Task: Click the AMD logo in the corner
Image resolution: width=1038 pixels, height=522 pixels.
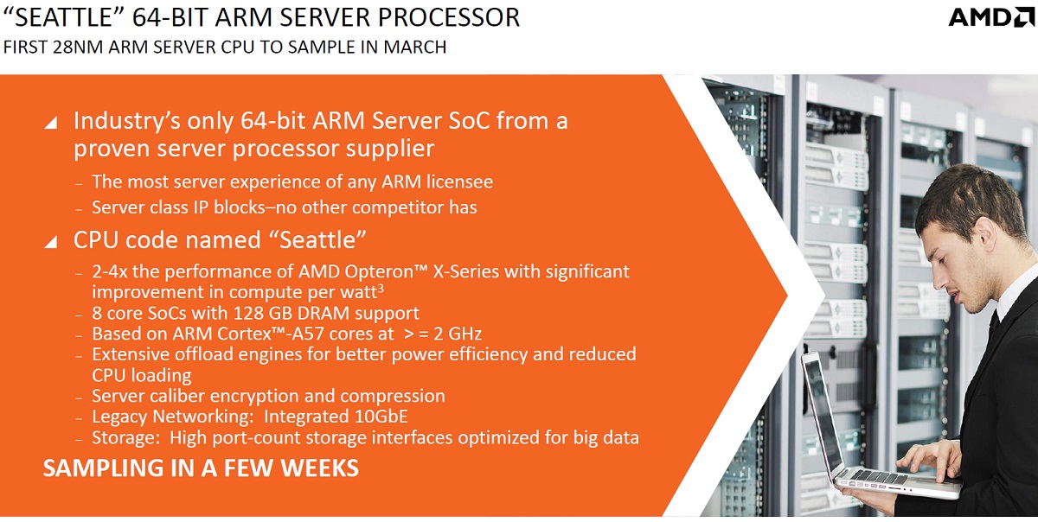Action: coord(991,17)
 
